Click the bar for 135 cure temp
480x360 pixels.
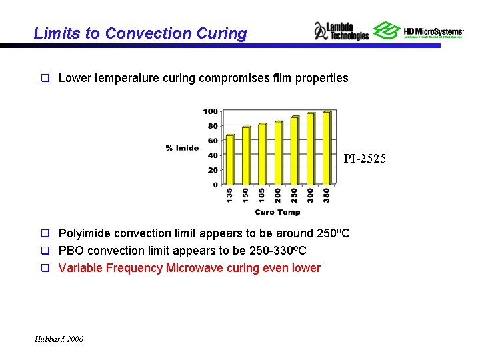point(229,159)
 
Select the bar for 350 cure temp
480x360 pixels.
point(326,147)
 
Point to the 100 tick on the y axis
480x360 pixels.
point(211,111)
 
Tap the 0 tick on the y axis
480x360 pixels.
point(215,185)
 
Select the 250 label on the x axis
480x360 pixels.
point(294,195)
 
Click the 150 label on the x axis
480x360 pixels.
point(246,195)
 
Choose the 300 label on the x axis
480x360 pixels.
point(310,195)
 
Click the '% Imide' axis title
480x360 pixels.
point(183,147)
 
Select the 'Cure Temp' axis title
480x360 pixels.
point(277,212)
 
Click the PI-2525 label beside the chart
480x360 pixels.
point(365,159)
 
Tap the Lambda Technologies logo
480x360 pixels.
point(341,31)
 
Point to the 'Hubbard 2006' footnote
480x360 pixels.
point(59,339)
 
